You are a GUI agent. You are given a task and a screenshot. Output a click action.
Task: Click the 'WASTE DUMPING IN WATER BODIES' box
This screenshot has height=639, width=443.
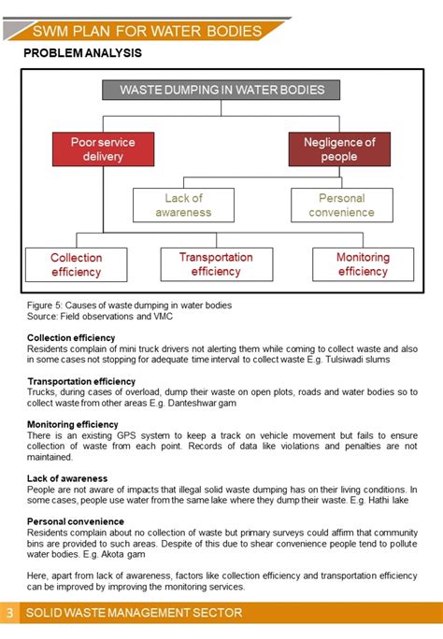tap(221, 90)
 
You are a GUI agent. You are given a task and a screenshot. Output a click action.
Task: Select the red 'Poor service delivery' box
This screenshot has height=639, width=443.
tap(103, 149)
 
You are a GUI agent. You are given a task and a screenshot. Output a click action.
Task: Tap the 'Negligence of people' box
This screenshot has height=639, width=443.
tap(339, 149)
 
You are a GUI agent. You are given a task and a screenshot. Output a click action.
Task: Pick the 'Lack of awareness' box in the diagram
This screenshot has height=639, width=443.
tap(183, 205)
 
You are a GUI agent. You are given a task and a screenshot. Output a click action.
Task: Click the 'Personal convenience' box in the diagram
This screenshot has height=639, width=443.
tap(341, 205)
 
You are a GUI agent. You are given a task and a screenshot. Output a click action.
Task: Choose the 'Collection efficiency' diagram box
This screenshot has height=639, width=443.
tap(76, 264)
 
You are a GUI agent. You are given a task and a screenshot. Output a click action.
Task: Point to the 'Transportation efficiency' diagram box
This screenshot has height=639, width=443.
tap(216, 264)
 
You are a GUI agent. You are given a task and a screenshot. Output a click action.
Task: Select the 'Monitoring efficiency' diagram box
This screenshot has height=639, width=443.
tap(363, 264)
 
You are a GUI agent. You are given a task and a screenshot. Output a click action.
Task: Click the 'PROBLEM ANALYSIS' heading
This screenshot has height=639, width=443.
tap(82, 53)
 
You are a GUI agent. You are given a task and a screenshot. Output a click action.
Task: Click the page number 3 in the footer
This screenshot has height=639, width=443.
tap(9, 613)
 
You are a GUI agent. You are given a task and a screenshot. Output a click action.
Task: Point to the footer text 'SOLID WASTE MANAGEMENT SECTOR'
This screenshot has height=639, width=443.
tap(134, 613)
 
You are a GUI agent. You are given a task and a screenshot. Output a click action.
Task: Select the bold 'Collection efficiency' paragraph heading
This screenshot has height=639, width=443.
tap(71, 337)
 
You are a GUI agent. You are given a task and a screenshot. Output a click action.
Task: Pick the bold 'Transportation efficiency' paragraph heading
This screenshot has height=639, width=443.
tap(81, 381)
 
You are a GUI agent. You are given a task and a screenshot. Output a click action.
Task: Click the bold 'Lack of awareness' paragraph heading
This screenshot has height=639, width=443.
tap(67, 478)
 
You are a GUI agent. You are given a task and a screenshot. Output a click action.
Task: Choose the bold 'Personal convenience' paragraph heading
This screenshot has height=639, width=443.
tap(75, 521)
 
